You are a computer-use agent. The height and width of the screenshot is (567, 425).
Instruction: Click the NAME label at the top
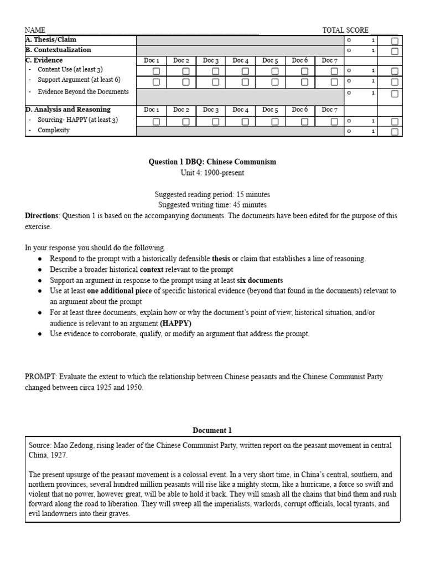tap(34, 30)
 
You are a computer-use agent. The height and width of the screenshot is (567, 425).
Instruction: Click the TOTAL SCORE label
tap(345, 30)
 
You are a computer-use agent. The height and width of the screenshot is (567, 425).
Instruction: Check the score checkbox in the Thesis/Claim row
tap(395, 41)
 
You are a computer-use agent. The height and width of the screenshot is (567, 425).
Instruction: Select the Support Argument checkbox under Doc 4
tap(245, 82)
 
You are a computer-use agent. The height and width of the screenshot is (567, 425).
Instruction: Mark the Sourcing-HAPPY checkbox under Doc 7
tap(334, 121)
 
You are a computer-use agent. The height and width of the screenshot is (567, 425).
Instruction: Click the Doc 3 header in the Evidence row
tap(211, 60)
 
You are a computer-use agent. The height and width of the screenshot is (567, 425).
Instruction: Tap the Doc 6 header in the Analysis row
tap(300, 110)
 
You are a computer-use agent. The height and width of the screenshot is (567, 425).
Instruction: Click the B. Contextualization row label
tap(58, 50)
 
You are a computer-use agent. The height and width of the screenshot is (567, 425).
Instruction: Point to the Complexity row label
tap(54, 130)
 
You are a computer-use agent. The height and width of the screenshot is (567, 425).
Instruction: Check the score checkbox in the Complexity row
tap(395, 132)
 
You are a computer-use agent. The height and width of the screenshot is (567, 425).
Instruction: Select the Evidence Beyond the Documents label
tap(83, 92)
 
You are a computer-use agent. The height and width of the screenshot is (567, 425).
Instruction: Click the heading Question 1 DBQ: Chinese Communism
tap(212, 162)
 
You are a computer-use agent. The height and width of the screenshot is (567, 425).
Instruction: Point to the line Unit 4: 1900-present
tap(212, 173)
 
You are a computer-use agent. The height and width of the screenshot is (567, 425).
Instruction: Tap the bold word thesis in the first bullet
tap(222, 259)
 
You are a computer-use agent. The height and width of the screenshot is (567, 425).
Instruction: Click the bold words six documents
tap(260, 280)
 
